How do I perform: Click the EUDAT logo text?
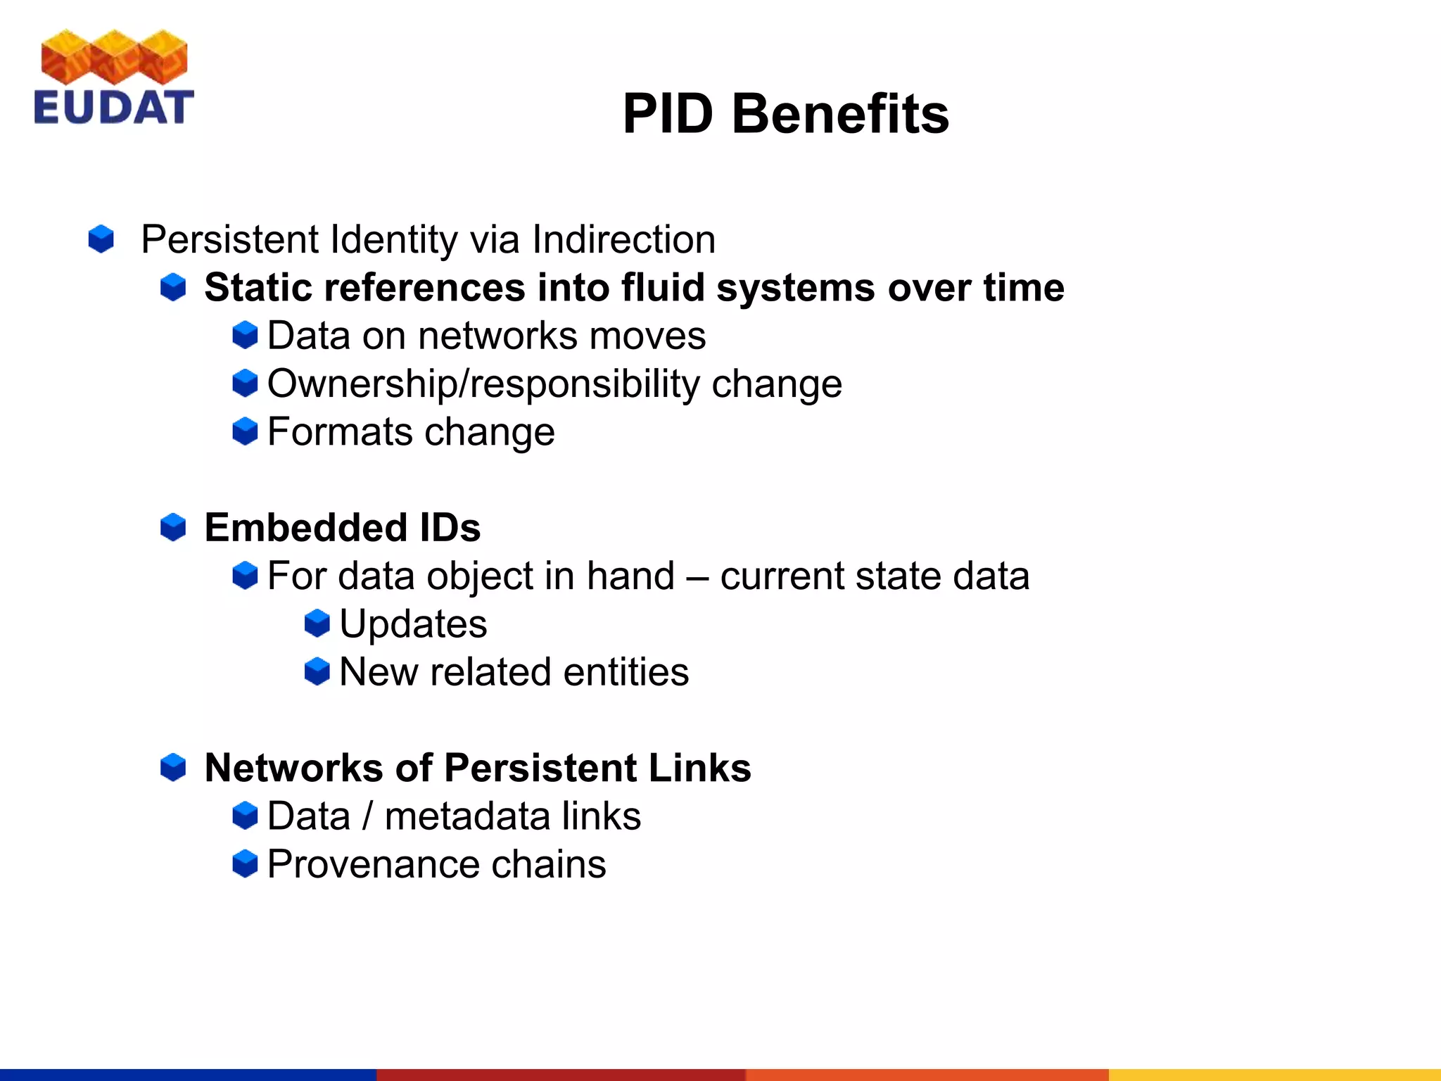click(x=113, y=108)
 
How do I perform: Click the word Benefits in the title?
click(x=840, y=114)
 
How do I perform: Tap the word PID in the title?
click(x=668, y=114)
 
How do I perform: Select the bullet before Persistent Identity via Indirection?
click(x=101, y=239)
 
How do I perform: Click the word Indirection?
click(x=623, y=239)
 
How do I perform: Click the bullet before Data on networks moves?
click(x=245, y=335)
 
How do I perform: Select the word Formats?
click(x=338, y=431)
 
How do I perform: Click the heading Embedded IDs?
click(x=342, y=528)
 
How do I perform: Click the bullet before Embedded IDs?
click(x=173, y=527)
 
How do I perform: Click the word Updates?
click(x=413, y=624)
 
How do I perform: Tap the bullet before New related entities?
click(x=317, y=671)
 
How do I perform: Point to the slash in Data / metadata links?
click(x=367, y=816)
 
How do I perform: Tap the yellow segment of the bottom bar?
click(x=1274, y=1075)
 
